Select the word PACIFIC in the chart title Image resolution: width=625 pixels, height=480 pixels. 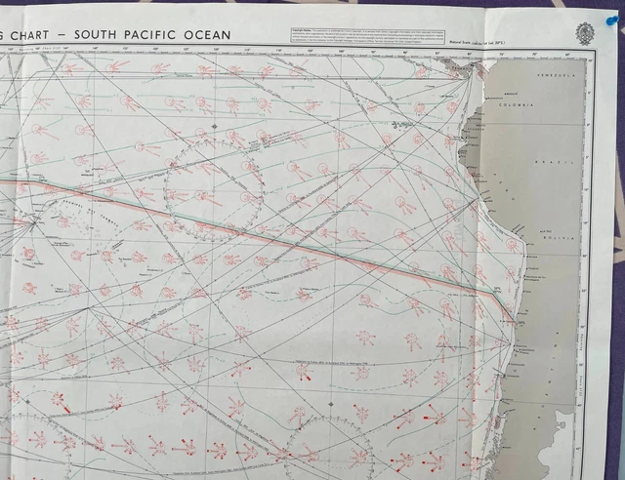tap(168, 36)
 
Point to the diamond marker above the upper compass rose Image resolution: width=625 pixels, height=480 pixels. tap(214, 127)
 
